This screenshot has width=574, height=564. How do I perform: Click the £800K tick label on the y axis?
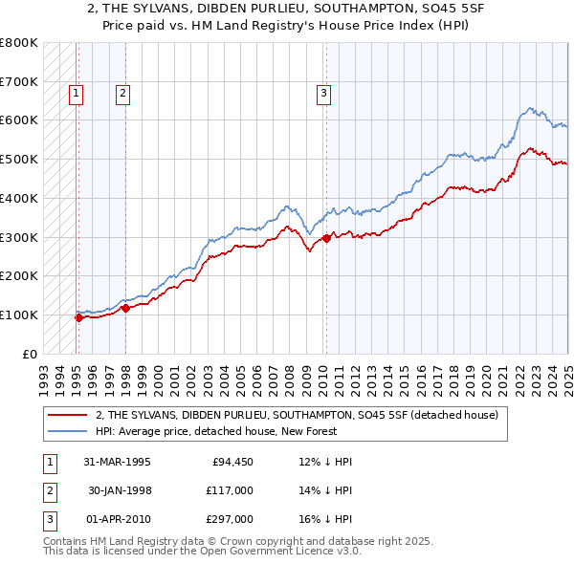pos(19,43)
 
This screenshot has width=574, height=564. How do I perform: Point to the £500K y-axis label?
pos(19,160)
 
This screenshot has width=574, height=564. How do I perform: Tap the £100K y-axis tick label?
pos(19,315)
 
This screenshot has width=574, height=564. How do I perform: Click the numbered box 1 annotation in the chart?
pos(76,93)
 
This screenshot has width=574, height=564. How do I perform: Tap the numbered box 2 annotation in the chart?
pos(123,93)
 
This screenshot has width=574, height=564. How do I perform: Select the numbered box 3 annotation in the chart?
pos(324,93)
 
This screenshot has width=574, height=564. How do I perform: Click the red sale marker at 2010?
pos(325,238)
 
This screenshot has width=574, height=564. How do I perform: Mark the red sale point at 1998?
pos(125,308)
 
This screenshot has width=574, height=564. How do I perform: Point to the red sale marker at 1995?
pos(79,317)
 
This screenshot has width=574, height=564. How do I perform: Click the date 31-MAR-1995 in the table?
pos(117,462)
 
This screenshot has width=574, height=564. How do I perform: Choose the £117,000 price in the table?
pos(229,490)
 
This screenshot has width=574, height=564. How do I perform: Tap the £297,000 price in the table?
pos(229,519)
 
